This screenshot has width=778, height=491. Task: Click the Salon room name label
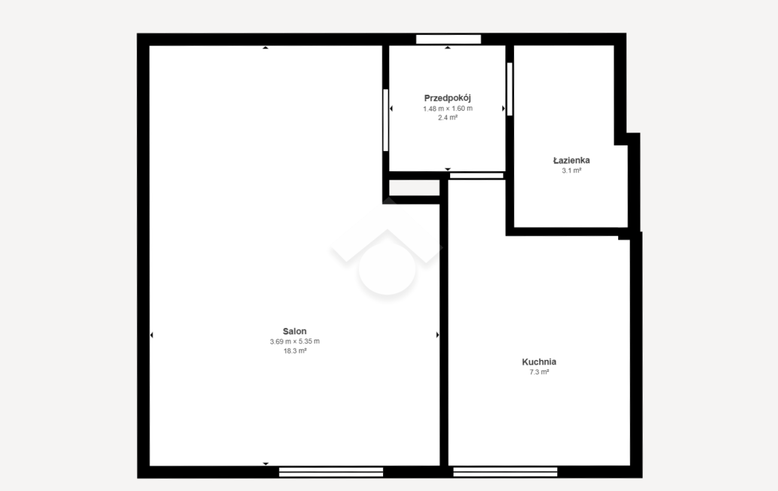coord(294,331)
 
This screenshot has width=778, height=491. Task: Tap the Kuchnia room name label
coord(539,362)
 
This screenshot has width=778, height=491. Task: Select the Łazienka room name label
coord(572,160)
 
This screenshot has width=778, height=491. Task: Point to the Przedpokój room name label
coord(448,98)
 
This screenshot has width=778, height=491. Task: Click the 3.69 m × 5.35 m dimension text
coord(295,341)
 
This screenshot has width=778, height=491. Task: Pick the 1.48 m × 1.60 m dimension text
coord(448,108)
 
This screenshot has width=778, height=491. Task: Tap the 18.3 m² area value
coord(295,351)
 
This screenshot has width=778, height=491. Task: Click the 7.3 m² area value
coord(539,372)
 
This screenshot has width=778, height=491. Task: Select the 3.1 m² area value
coord(572,170)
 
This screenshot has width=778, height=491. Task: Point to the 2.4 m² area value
coord(448,117)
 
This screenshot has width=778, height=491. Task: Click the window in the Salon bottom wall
coord(331,472)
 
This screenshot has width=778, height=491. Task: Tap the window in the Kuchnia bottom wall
coord(505,472)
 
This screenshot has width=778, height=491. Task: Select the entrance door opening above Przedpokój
coord(448,40)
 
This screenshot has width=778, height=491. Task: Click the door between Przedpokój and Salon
coord(385,120)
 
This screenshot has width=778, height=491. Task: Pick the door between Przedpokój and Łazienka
coord(509,89)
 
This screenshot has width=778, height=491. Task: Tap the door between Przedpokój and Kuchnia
coord(476,176)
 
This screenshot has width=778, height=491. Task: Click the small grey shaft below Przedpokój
coord(414,187)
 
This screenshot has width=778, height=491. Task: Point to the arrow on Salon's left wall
coord(151,335)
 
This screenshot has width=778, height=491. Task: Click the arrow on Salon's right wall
coord(437,335)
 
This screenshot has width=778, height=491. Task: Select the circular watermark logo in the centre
coord(387,269)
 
